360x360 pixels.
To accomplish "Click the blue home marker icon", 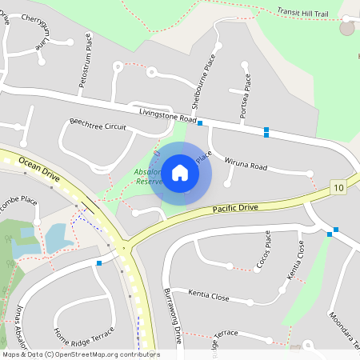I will coord(180,173).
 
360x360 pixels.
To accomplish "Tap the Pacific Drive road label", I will coord(236,208).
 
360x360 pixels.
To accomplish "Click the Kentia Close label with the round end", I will coord(209,297).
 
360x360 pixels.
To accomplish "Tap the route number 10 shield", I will coord(339,187).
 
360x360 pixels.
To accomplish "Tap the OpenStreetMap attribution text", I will coord(80,354).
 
